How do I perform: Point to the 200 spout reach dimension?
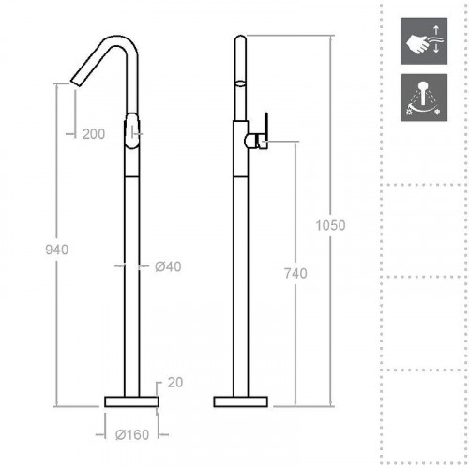click(94, 134)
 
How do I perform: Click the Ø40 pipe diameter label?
click(166, 266)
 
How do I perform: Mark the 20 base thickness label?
click(174, 382)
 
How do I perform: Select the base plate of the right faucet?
click(241, 401)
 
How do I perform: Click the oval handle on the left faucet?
click(132, 129)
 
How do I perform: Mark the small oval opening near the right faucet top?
click(241, 83)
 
